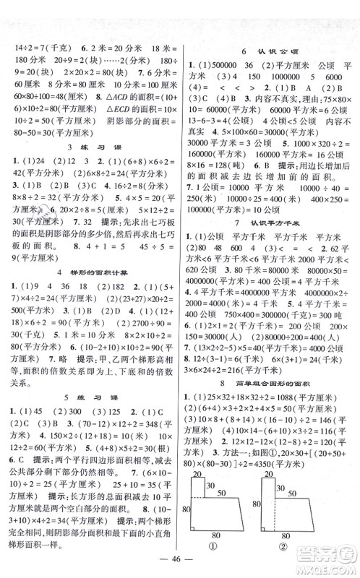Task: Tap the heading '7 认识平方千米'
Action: pos(269,240)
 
